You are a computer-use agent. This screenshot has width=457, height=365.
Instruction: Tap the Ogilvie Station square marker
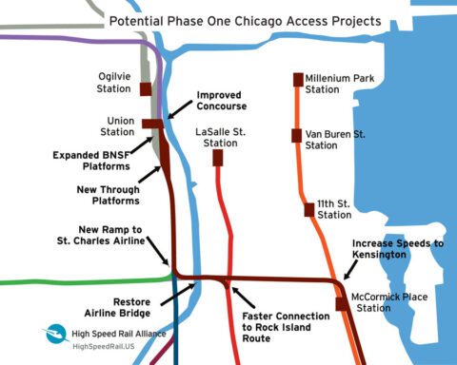click(x=146, y=89)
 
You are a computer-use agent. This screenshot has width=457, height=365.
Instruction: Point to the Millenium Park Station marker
click(x=297, y=80)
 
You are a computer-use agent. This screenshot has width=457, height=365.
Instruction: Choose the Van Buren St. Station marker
click(x=297, y=134)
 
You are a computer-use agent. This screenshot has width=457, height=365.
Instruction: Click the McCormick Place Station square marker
click(x=341, y=304)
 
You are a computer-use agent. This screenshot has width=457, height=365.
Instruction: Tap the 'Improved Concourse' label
click(x=221, y=101)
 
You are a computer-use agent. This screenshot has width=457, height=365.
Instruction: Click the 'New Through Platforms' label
click(x=108, y=195)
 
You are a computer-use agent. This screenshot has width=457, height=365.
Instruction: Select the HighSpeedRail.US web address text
click(x=106, y=347)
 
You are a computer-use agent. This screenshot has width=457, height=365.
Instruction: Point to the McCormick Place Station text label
click(x=386, y=301)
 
